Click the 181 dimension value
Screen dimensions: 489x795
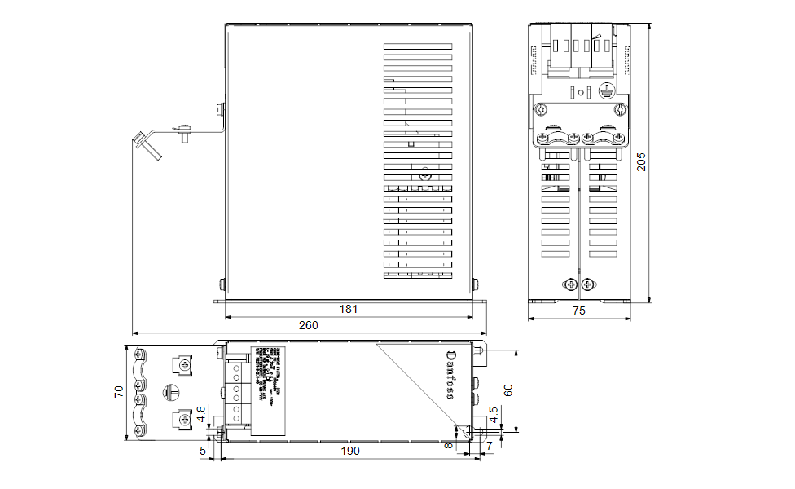pos(349,309)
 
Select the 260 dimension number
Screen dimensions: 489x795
pos(308,324)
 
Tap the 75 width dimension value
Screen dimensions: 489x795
pos(578,311)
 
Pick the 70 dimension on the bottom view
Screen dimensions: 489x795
pos(119,393)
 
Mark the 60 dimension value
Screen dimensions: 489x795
pos(508,390)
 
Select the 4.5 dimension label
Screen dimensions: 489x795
pos(493,416)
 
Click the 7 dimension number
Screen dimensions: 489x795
pos(490,445)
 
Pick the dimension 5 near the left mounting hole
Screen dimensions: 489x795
pos(203,449)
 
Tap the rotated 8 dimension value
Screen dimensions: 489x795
pos(448,446)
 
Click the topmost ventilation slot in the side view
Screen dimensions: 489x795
pos(417,46)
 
